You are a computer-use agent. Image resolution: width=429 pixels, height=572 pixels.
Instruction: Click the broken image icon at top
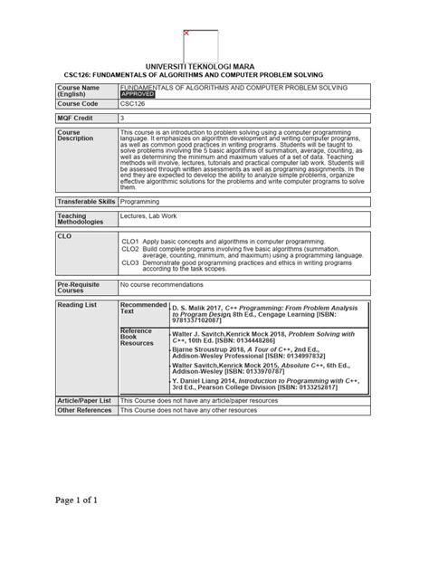coord(186,33)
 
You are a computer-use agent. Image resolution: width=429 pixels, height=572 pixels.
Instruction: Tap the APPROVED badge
coord(138,94)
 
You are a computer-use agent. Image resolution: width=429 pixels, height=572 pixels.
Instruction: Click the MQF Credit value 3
coord(123,119)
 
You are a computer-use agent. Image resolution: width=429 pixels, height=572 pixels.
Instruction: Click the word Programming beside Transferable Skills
coord(140,201)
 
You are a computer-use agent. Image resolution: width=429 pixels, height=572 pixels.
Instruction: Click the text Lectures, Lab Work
coord(148,217)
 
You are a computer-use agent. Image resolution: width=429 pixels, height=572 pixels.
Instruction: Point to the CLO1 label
coord(130,243)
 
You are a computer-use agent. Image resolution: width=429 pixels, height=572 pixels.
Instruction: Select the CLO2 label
coord(130,249)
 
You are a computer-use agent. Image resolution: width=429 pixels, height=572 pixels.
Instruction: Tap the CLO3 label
coord(130,262)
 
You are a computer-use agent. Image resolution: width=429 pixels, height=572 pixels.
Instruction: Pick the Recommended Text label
coord(143,310)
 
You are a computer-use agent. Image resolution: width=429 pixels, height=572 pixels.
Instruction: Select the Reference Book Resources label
coord(138,338)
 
